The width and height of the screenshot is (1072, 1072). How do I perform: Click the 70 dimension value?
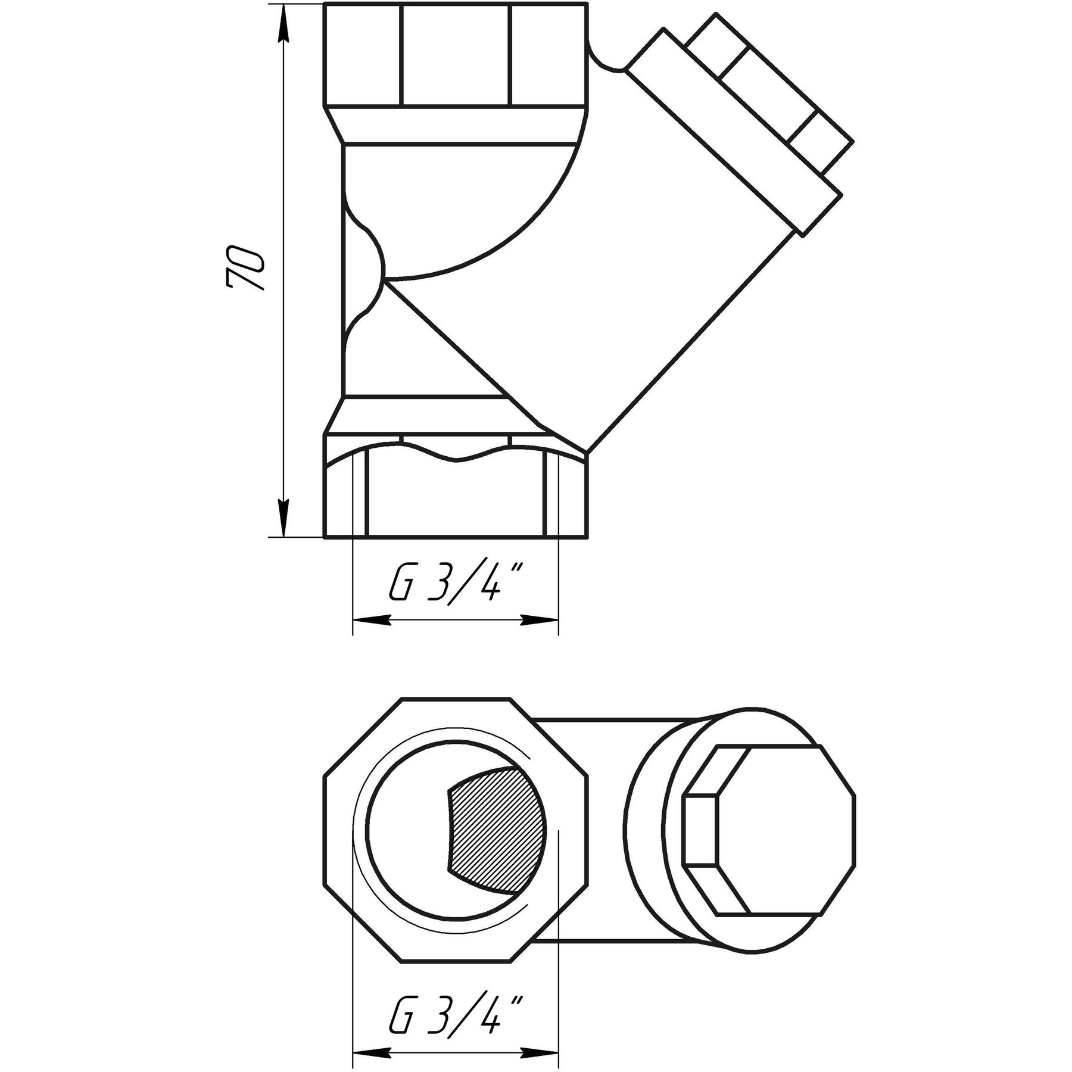[x=245, y=267]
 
